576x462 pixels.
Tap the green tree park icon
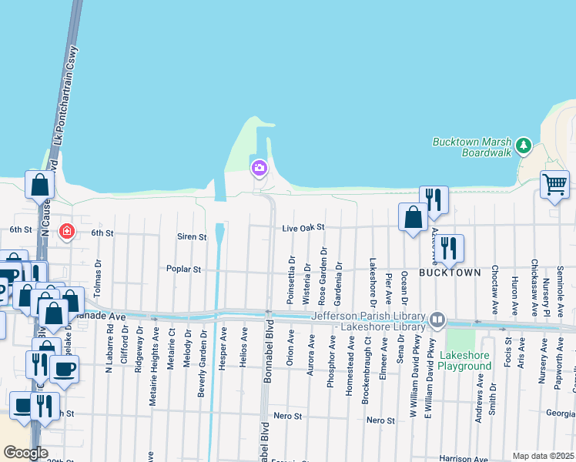tap(524, 145)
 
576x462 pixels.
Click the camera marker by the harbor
tap(259, 168)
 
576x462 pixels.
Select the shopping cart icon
tap(554, 184)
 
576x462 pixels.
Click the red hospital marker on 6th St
tap(67, 231)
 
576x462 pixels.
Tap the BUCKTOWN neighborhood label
tap(450, 273)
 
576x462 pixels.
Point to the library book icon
tap(437, 318)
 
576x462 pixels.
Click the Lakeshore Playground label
tap(465, 361)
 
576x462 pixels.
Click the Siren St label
tap(192, 237)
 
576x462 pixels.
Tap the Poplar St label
tap(183, 269)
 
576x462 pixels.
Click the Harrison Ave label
tap(464, 459)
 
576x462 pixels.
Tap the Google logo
tap(25, 453)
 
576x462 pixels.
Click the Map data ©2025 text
tap(543, 456)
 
